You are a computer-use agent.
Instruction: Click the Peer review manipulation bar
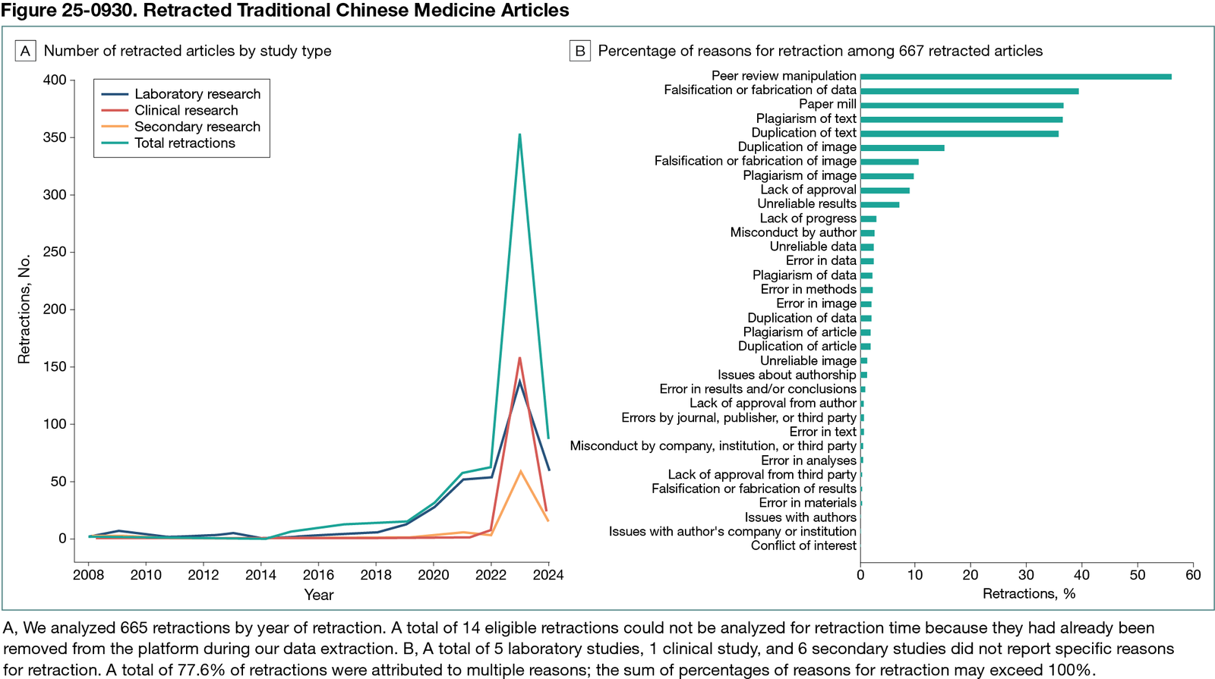[1015, 77]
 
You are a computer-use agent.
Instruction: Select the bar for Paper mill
[961, 105]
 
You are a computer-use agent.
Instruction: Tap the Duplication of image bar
[902, 147]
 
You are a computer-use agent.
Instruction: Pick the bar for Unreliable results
[879, 204]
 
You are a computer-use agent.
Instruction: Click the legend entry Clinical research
[186, 110]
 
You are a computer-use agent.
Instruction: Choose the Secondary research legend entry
[197, 127]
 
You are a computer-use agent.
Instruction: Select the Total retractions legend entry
[185, 143]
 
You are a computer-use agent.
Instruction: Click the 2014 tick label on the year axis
[260, 574]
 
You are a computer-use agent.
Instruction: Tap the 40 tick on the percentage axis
[1082, 574]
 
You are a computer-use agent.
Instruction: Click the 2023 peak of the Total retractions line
[519, 135]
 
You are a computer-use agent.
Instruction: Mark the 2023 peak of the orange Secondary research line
[520, 471]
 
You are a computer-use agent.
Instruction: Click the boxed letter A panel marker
[26, 51]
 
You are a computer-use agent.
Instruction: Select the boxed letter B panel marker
[580, 51]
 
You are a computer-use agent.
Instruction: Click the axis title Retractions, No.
[24, 309]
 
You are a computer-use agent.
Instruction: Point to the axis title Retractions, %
[1028, 593]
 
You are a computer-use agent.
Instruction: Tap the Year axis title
[318, 595]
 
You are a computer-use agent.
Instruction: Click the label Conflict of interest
[803, 545]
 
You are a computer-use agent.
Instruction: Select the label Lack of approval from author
[772, 403]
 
